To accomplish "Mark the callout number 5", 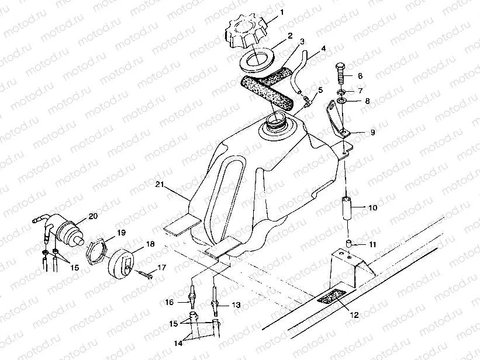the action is [320, 91].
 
